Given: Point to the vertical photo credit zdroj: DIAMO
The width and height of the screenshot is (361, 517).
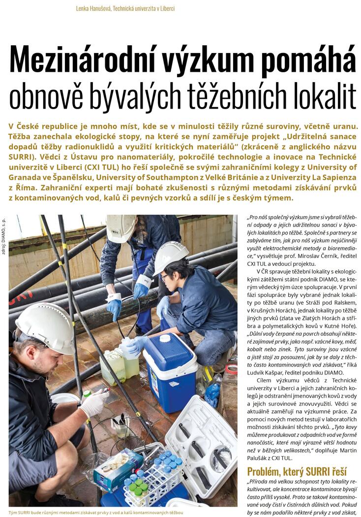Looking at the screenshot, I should click(4, 241).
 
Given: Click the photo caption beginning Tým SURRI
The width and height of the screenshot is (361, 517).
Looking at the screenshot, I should click(95, 512).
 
